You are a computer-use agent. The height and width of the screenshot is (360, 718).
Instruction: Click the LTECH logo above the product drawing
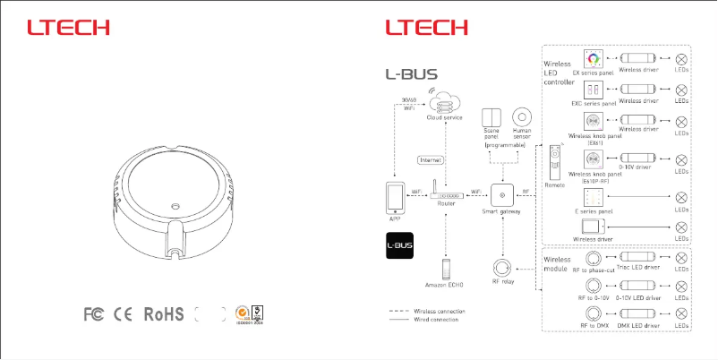point(68,28)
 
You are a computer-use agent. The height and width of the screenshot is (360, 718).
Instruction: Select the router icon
point(446,193)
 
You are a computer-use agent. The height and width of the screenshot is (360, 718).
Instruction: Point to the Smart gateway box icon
point(501,193)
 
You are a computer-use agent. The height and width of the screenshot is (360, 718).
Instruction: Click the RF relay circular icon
point(503,268)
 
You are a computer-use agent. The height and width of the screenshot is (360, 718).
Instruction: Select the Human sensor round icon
point(521,117)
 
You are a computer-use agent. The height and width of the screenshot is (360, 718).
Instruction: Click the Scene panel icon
point(491,117)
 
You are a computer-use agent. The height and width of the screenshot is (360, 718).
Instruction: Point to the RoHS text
point(164,314)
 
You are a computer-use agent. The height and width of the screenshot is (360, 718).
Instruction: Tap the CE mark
point(124,314)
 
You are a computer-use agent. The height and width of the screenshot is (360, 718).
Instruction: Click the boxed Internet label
point(432,159)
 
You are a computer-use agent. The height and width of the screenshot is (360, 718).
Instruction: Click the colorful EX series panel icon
point(593,59)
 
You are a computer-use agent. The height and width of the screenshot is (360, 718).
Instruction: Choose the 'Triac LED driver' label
point(637,267)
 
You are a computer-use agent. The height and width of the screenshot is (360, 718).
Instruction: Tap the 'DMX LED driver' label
point(638,326)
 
